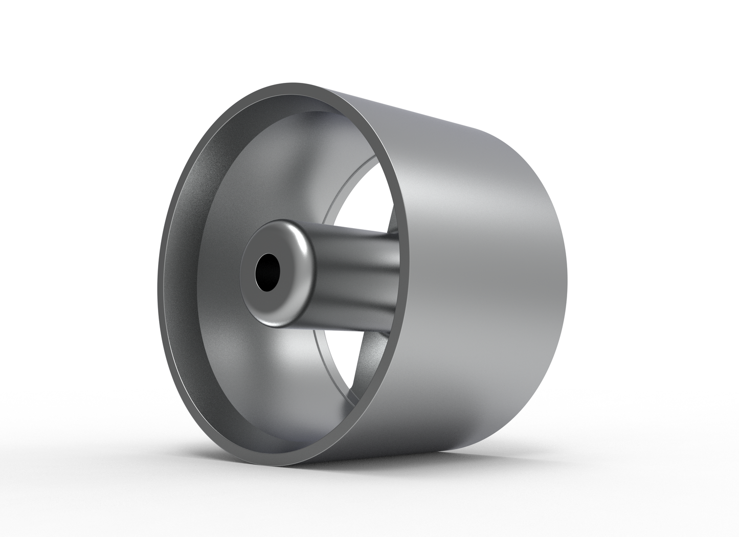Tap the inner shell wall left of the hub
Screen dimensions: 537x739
205,286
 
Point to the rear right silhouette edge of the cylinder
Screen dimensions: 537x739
566,266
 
